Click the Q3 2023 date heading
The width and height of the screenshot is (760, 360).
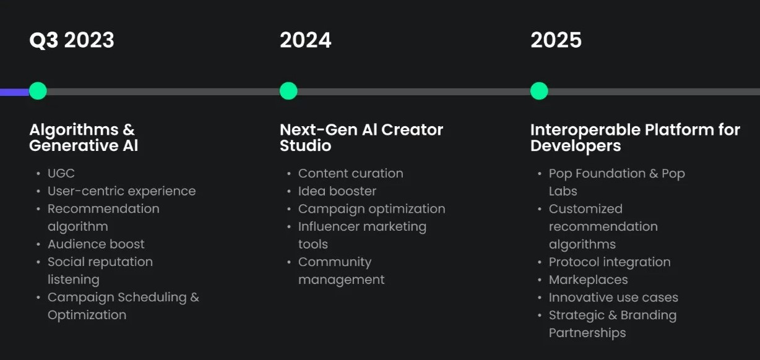click(72, 40)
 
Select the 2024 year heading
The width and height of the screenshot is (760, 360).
click(306, 40)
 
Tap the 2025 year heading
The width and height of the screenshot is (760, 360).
click(556, 40)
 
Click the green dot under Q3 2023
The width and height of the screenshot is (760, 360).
click(38, 91)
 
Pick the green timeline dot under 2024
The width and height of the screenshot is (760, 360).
click(288, 91)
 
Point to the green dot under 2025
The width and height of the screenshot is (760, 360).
click(539, 91)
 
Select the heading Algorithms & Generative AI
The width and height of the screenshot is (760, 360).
click(84, 137)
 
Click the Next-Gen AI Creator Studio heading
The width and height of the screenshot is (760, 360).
click(361, 137)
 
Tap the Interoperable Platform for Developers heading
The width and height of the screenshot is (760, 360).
click(635, 137)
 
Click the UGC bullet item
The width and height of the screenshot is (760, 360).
click(61, 174)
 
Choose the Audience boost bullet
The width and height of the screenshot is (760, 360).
click(96, 244)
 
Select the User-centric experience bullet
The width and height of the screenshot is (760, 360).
click(121, 191)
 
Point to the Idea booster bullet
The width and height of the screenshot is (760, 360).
click(337, 191)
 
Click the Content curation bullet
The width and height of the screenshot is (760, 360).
click(350, 174)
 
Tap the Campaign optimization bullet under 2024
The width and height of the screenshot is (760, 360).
click(371, 209)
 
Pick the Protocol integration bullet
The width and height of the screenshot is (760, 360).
click(610, 262)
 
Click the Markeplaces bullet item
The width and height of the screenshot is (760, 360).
click(588, 280)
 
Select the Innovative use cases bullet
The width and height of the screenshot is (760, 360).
click(613, 298)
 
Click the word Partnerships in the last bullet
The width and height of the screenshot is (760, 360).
click(587, 333)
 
